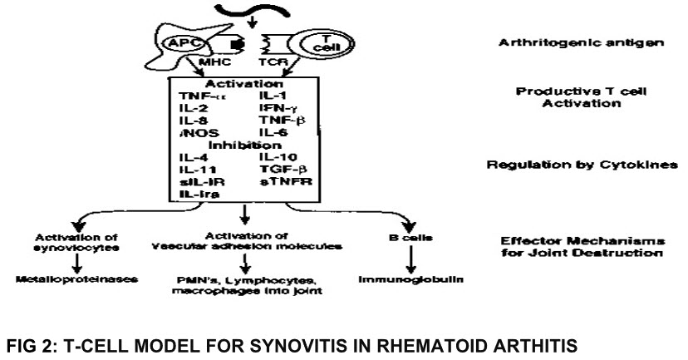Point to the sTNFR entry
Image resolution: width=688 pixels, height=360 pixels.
coord(280,180)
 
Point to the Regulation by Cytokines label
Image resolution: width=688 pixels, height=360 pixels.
coord(582,165)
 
